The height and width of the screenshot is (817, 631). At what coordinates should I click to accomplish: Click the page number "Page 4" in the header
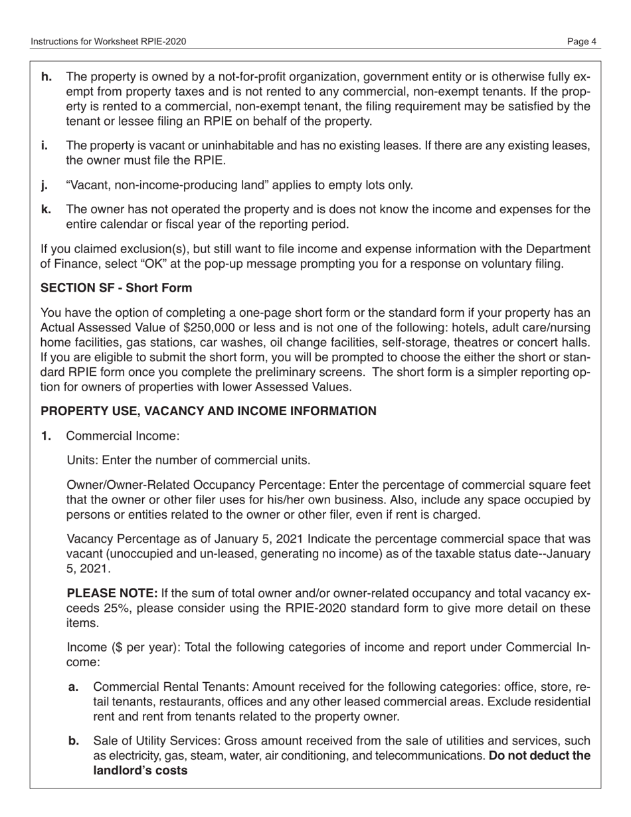[x=582, y=42]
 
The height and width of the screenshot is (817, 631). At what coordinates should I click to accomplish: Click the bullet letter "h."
[x=47, y=77]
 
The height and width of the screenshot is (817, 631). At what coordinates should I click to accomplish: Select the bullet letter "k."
[x=46, y=210]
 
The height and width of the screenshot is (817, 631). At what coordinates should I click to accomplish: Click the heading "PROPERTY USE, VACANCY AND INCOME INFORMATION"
[x=209, y=411]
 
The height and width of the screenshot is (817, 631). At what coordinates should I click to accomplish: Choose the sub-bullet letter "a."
[x=74, y=687]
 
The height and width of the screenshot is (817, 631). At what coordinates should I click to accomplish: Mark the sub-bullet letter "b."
[x=74, y=741]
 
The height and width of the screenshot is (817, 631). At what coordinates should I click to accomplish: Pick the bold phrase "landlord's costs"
[x=140, y=771]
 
